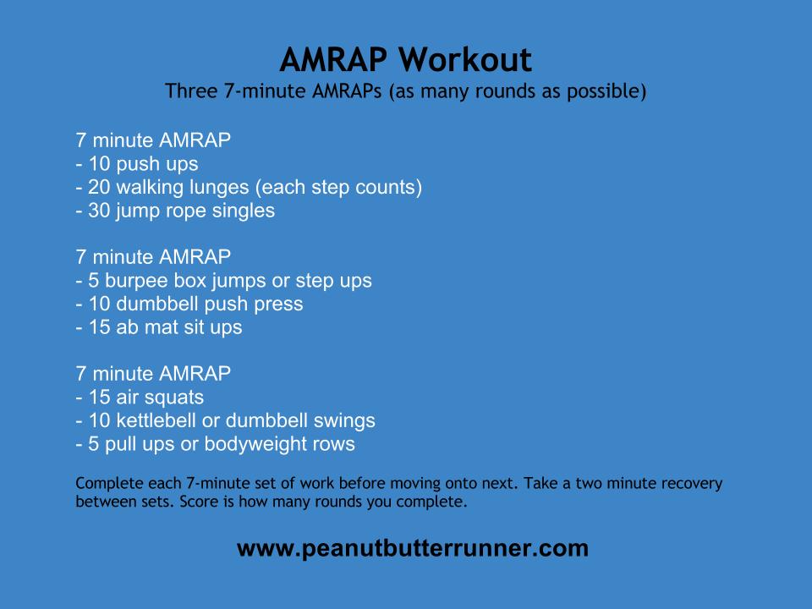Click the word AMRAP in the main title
coord(333,59)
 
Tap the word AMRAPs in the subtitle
coord(347,91)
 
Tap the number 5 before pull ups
coord(94,444)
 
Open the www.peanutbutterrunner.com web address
coord(413,548)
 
